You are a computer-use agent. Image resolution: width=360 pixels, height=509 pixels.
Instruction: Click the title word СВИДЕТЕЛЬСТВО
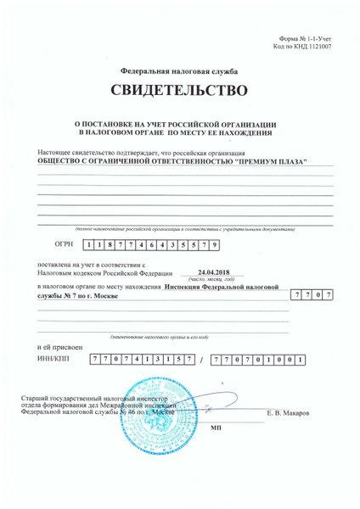[179, 90]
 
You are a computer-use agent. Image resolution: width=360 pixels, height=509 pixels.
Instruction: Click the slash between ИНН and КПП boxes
[201, 361]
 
